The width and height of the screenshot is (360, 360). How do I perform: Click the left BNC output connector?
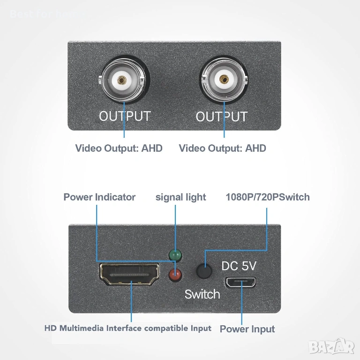(122, 80)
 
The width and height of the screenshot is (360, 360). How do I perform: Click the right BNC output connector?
(224, 79)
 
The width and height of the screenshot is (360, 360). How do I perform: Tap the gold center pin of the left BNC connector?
(122, 80)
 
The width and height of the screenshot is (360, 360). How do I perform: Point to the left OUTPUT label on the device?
(125, 116)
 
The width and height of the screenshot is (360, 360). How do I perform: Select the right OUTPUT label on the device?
(222, 116)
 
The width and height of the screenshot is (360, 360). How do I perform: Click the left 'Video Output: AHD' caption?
(119, 148)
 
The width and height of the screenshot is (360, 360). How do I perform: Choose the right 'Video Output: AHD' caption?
(223, 148)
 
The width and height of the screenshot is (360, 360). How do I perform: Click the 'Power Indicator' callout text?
(99, 197)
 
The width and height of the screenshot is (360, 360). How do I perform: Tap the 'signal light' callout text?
(180, 197)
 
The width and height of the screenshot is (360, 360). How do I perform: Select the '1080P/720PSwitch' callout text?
(268, 197)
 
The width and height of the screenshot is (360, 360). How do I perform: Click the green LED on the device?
(175, 255)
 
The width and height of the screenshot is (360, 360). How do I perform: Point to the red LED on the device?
(175, 275)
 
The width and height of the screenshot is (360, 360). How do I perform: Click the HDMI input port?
(129, 274)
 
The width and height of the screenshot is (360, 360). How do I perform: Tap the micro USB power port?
(240, 282)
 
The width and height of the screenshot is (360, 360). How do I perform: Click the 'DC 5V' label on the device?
(239, 266)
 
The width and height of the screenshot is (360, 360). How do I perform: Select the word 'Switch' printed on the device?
(202, 294)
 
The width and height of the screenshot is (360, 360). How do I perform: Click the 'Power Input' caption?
(247, 329)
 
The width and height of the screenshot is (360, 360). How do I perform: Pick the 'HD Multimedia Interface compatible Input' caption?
(128, 328)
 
